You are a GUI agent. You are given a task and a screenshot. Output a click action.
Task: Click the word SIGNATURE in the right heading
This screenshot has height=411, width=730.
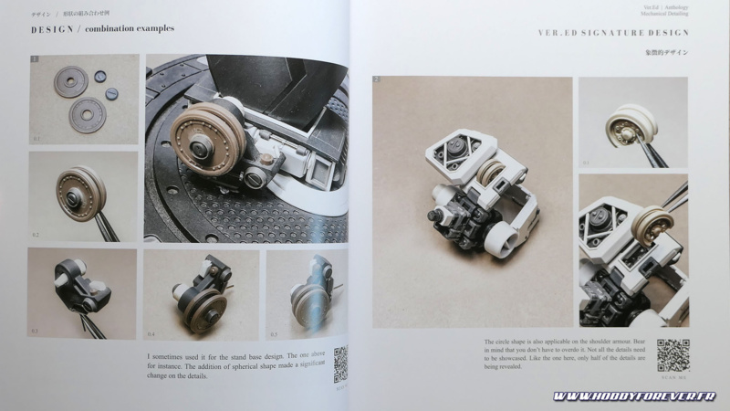coord(606,33)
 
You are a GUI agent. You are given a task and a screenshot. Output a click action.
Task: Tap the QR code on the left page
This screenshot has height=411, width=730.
coord(340,364)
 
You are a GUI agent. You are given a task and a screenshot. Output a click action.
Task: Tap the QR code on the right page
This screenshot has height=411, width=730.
coord(673,353)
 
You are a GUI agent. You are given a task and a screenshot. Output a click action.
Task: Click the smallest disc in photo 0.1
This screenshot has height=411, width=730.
coord(111,93)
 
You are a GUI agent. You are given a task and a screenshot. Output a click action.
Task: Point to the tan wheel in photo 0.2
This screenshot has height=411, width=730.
coord(80,193)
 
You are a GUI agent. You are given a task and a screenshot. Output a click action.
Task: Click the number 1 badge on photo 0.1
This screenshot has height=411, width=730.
coord(35,60)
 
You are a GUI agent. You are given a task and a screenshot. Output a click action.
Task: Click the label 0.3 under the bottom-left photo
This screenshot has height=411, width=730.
coord(36,331)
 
